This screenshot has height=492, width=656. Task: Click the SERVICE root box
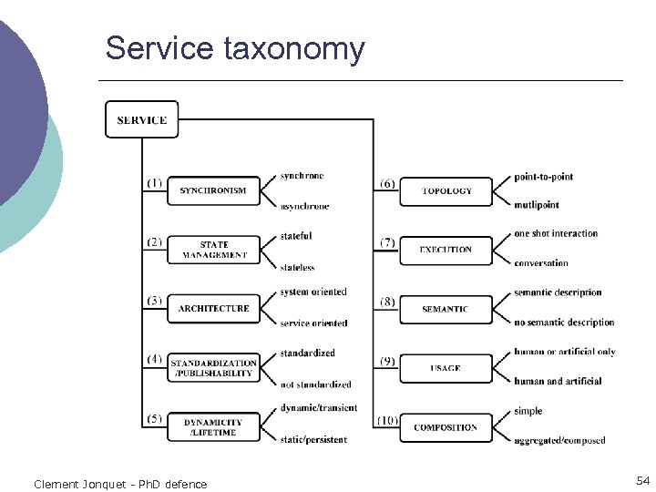(x=141, y=119)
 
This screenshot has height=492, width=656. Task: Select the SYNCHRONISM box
(x=213, y=190)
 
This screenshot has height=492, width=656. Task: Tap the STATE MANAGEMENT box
(x=213, y=250)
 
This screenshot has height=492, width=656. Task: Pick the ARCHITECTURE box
(x=213, y=309)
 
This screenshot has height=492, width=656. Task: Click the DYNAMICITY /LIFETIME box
(x=213, y=427)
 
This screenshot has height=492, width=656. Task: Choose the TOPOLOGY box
(x=446, y=190)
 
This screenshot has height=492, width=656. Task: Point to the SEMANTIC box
(x=446, y=309)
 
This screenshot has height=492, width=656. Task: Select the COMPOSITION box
(x=446, y=427)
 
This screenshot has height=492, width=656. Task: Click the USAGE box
(x=446, y=368)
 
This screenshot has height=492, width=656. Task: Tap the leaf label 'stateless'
(x=297, y=268)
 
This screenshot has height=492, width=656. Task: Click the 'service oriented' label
(x=313, y=323)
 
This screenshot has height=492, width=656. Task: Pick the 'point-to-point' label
(x=543, y=176)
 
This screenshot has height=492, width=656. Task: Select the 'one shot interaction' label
(x=556, y=234)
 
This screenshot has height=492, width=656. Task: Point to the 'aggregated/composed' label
(x=559, y=441)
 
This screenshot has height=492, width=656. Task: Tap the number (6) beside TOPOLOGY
(x=387, y=183)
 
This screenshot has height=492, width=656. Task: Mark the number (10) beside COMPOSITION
(x=387, y=420)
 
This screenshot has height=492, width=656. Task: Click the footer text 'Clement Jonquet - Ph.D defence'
(x=120, y=484)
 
